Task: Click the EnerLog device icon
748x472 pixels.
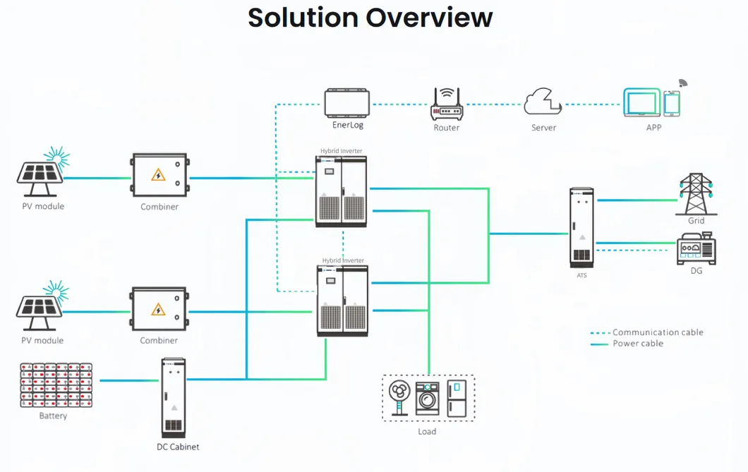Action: pos(347,103)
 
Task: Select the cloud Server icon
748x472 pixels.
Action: pos(543,102)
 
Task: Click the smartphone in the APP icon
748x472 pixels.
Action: pos(672,103)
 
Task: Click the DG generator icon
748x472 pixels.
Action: pos(696,248)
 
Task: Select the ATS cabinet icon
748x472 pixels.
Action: pos(581,227)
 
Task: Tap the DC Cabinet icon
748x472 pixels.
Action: pos(174,398)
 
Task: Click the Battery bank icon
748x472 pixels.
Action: pos(56,385)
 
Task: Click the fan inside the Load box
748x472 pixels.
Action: pos(399,398)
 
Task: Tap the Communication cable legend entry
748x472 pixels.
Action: pos(657,332)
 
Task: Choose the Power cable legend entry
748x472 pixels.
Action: pos(637,344)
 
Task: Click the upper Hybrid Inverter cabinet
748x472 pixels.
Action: pos(342,190)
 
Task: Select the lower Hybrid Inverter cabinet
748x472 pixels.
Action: pos(342,299)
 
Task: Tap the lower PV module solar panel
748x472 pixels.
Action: pos(40,308)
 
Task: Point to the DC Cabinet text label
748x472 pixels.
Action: pos(178,447)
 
